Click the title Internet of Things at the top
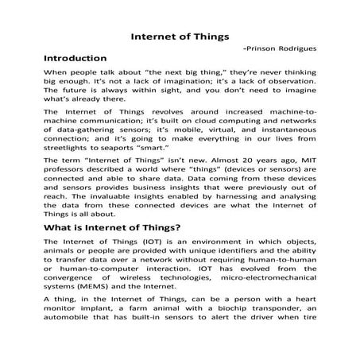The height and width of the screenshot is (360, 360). [x=180, y=36]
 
